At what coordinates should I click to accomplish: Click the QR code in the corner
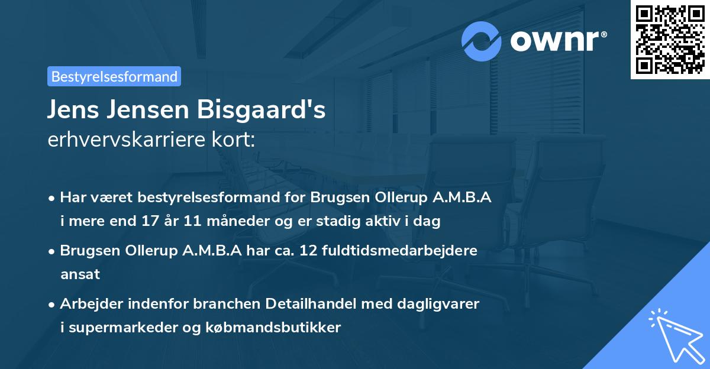coord(670,39)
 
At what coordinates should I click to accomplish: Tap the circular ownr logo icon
coord(482,41)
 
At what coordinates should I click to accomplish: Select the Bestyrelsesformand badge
coord(114,76)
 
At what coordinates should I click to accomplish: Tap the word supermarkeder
coord(115,328)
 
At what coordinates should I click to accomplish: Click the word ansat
coord(80,274)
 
